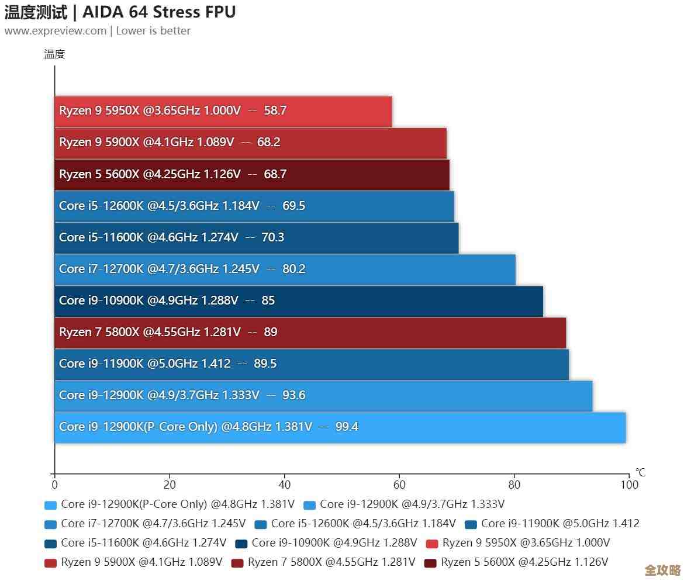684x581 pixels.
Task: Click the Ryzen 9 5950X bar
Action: click(222, 111)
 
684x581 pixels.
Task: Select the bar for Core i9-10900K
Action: click(298, 300)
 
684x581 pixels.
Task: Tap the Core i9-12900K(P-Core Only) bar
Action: click(339, 427)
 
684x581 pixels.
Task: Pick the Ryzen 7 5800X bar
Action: click(310, 332)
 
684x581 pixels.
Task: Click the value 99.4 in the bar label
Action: click(347, 427)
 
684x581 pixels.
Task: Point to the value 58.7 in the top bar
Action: click(275, 110)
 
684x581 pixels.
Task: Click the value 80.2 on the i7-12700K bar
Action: click(294, 269)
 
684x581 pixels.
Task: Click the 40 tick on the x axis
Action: click(285, 485)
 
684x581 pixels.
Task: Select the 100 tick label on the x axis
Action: click(629, 485)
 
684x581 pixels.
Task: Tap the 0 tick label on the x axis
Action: click(55, 485)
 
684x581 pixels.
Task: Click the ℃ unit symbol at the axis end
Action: click(640, 472)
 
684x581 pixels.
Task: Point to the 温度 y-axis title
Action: click(54, 54)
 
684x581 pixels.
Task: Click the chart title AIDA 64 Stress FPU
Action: click(159, 12)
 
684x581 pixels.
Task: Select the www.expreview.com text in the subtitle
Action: click(56, 31)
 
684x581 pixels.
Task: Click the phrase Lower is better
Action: click(153, 31)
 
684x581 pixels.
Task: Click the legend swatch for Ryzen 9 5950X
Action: click(432, 544)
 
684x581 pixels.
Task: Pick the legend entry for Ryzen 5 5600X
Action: click(524, 562)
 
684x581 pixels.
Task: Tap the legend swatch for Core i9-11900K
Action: click(471, 524)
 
